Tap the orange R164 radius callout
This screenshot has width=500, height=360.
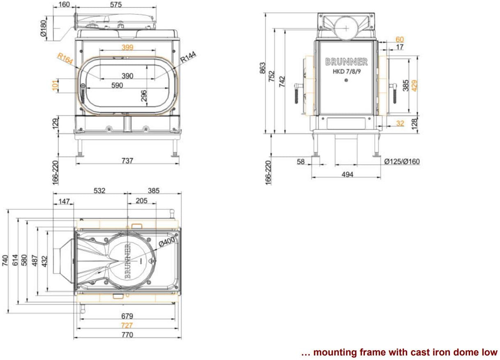click(65, 59)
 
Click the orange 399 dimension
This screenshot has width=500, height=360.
click(127, 48)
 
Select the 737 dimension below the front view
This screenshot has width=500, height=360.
click(127, 161)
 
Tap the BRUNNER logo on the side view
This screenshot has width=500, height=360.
click(346, 62)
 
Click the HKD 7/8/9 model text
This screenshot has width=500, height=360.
click(346, 71)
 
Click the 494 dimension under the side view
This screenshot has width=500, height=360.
click(348, 174)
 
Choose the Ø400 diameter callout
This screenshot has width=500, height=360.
click(167, 242)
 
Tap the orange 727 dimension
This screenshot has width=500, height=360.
click(127, 325)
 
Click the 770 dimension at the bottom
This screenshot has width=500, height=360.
click(127, 335)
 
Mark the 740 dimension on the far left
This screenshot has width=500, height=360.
click(5, 261)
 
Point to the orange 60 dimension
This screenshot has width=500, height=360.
click(399, 39)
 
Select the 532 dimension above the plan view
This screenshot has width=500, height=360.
click(99, 191)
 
